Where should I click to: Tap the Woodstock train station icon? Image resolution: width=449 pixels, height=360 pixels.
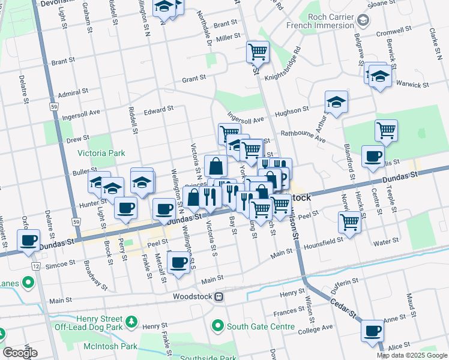(x=220, y=296)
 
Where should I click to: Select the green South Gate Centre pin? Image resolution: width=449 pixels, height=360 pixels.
(x=218, y=326)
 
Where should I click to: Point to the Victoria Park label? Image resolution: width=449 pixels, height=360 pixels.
(x=101, y=154)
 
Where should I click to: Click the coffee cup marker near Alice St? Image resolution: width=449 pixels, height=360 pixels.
(x=372, y=331)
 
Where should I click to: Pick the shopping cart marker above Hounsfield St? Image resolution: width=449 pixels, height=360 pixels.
(x=350, y=221)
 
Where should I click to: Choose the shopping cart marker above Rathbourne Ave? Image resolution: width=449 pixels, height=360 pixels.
(x=386, y=130)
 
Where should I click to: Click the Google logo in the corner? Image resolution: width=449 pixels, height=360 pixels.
(x=20, y=353)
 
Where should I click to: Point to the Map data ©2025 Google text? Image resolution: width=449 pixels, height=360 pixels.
(x=411, y=355)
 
